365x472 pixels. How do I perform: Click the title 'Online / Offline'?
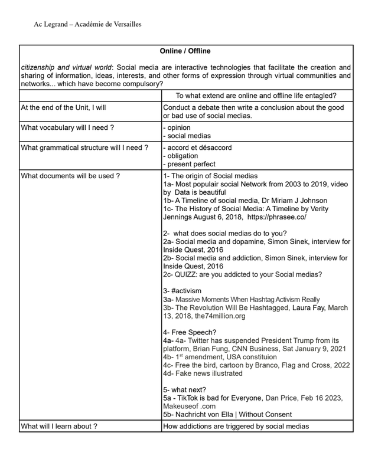[x=185, y=51]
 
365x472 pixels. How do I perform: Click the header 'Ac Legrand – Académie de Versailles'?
[x=87, y=24]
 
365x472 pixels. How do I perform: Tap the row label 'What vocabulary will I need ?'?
[x=67, y=127]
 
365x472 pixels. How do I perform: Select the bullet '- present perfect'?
[x=189, y=164]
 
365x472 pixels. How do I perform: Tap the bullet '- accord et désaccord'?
[x=197, y=147]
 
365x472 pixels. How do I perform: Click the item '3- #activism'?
[x=182, y=291]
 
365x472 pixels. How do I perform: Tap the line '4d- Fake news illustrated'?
[x=203, y=373]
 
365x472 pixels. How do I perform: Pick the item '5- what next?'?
[x=185, y=389]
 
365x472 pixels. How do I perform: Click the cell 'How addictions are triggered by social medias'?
[x=236, y=425]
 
